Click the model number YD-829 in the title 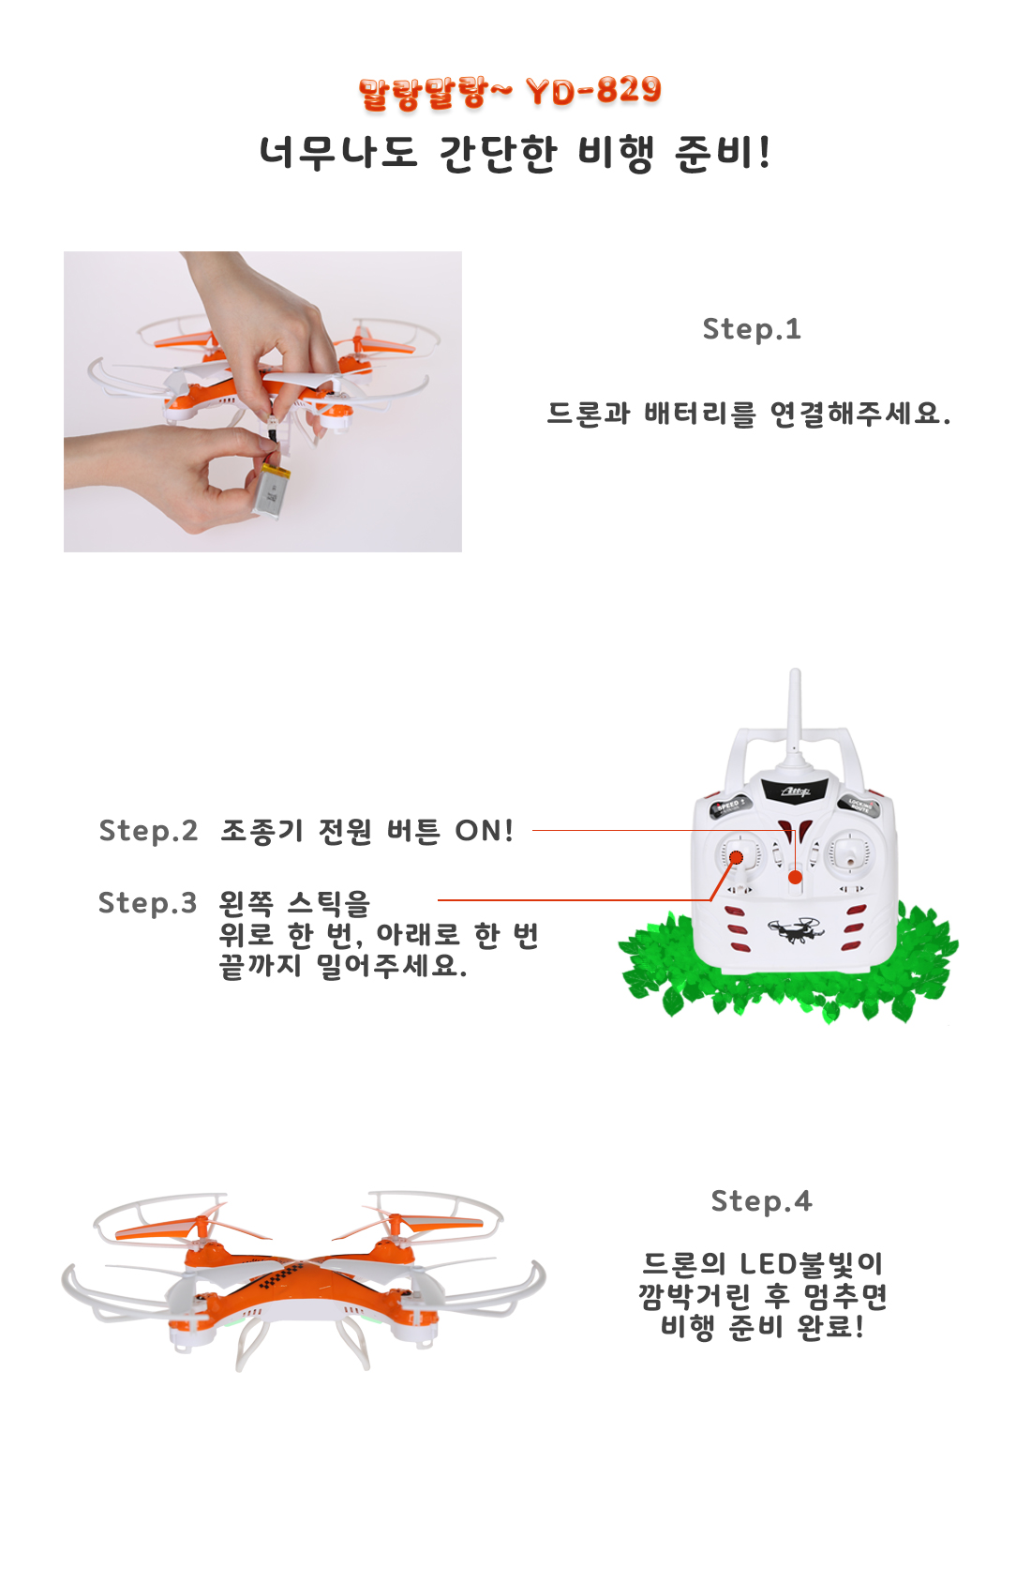tap(593, 91)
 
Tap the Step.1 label tap(752, 329)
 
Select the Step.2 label tap(148, 831)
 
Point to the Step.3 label tap(147, 903)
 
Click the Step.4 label tap(761, 1201)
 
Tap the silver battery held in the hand tap(272, 489)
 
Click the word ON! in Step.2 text tap(484, 831)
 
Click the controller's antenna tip tap(795, 671)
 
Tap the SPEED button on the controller tap(727, 806)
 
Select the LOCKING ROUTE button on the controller tap(860, 806)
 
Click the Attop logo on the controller tap(795, 791)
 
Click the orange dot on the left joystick tap(736, 857)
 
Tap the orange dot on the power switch tap(795, 878)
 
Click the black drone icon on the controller tap(796, 930)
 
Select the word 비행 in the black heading tap(615, 153)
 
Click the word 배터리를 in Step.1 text tap(700, 415)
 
